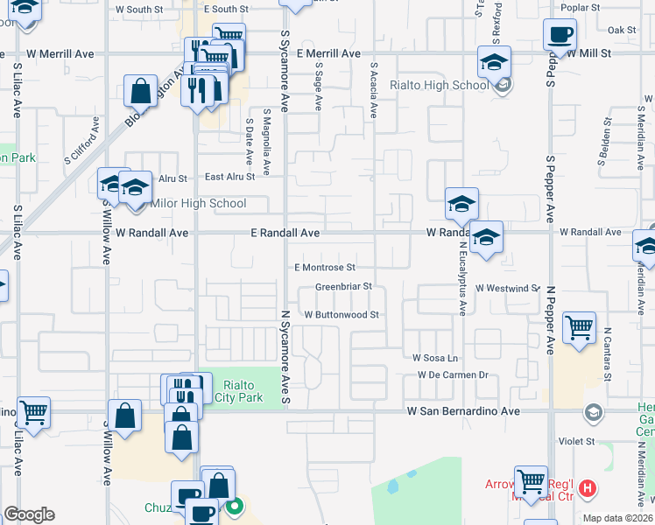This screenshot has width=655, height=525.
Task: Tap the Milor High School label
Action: (199, 204)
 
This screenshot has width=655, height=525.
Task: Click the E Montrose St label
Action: (325, 267)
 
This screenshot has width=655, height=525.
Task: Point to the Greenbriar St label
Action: (344, 286)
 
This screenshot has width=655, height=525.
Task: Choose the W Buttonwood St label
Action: (341, 314)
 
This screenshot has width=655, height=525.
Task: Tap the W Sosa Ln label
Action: (435, 358)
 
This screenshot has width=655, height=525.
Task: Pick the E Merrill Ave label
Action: (328, 53)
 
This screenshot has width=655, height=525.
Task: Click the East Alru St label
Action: (229, 177)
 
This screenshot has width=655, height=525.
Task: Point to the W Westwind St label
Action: (509, 287)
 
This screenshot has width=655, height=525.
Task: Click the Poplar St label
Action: (581, 7)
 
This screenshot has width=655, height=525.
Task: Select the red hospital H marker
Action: (588, 487)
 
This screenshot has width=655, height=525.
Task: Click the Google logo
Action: (28, 514)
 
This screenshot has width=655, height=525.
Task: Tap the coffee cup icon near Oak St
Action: (560, 35)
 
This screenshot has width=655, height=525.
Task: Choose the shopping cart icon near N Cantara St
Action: (580, 328)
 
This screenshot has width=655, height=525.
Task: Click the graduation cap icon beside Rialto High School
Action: (494, 63)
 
